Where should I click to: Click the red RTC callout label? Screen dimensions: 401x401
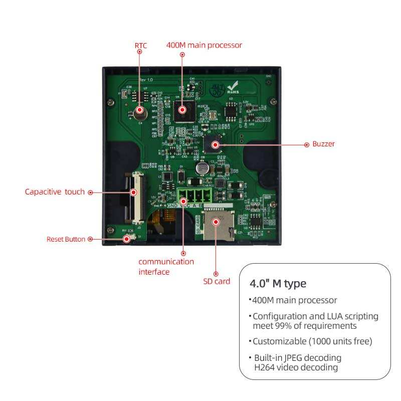(141, 45)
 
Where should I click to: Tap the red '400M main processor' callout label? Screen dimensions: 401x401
(204, 45)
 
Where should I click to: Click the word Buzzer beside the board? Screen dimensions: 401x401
(323, 144)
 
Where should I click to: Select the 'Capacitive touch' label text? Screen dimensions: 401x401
(55, 191)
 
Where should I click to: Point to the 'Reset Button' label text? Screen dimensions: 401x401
(66, 239)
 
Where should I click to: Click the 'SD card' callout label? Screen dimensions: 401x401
(217, 281)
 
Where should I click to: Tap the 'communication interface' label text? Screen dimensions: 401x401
(166, 267)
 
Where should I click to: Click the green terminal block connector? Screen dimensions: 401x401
(190, 195)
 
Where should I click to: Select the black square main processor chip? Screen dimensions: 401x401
(183, 110)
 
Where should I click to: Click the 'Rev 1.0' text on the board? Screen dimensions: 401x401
(145, 80)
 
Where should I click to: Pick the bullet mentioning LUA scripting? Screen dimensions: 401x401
(315, 321)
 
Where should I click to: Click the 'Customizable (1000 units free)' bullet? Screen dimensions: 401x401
(311, 341)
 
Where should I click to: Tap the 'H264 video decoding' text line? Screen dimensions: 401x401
(296, 367)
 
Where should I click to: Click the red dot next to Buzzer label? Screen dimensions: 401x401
(307, 144)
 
